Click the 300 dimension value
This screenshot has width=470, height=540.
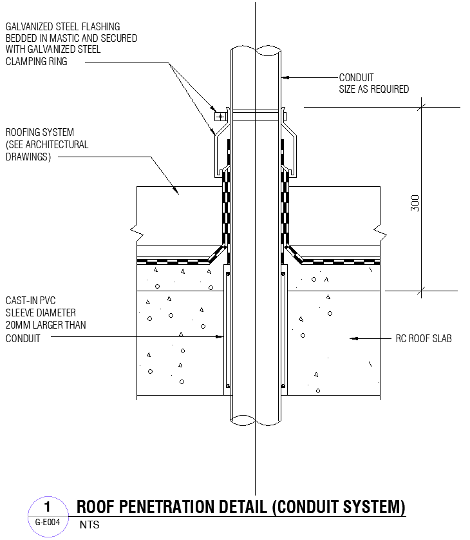tap(415, 203)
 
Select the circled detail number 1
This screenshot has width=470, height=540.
tap(47, 506)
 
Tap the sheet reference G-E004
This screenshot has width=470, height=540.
tap(47, 523)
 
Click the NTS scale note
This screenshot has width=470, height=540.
tap(89, 525)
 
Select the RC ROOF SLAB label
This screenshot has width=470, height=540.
tap(423, 338)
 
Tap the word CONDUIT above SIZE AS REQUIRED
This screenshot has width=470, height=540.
tap(356, 77)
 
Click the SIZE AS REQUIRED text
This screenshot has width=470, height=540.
tap(373, 89)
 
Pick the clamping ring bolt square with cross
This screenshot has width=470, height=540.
tap(220, 117)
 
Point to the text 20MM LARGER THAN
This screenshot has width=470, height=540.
tap(45, 325)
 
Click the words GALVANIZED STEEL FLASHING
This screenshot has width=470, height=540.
tap(62, 26)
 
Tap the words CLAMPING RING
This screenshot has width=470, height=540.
tap(37, 62)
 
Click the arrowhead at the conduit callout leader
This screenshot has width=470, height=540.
tap(285, 77)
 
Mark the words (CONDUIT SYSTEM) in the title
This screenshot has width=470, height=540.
tap(339, 506)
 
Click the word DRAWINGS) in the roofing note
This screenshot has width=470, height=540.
tap(28, 157)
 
